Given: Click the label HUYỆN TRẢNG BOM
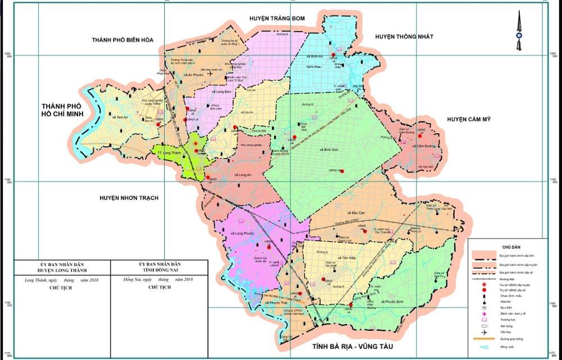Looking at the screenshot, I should click(x=277, y=19).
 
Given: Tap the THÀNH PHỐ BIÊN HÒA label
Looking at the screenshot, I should click(x=123, y=40).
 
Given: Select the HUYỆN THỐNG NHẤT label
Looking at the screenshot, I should click(x=405, y=37).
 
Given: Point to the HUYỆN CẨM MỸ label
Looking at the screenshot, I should click(x=469, y=119).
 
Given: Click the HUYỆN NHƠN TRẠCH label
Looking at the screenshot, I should click(x=129, y=198).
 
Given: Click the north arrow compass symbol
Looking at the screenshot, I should click(x=518, y=31).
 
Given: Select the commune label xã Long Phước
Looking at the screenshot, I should click(x=242, y=233).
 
